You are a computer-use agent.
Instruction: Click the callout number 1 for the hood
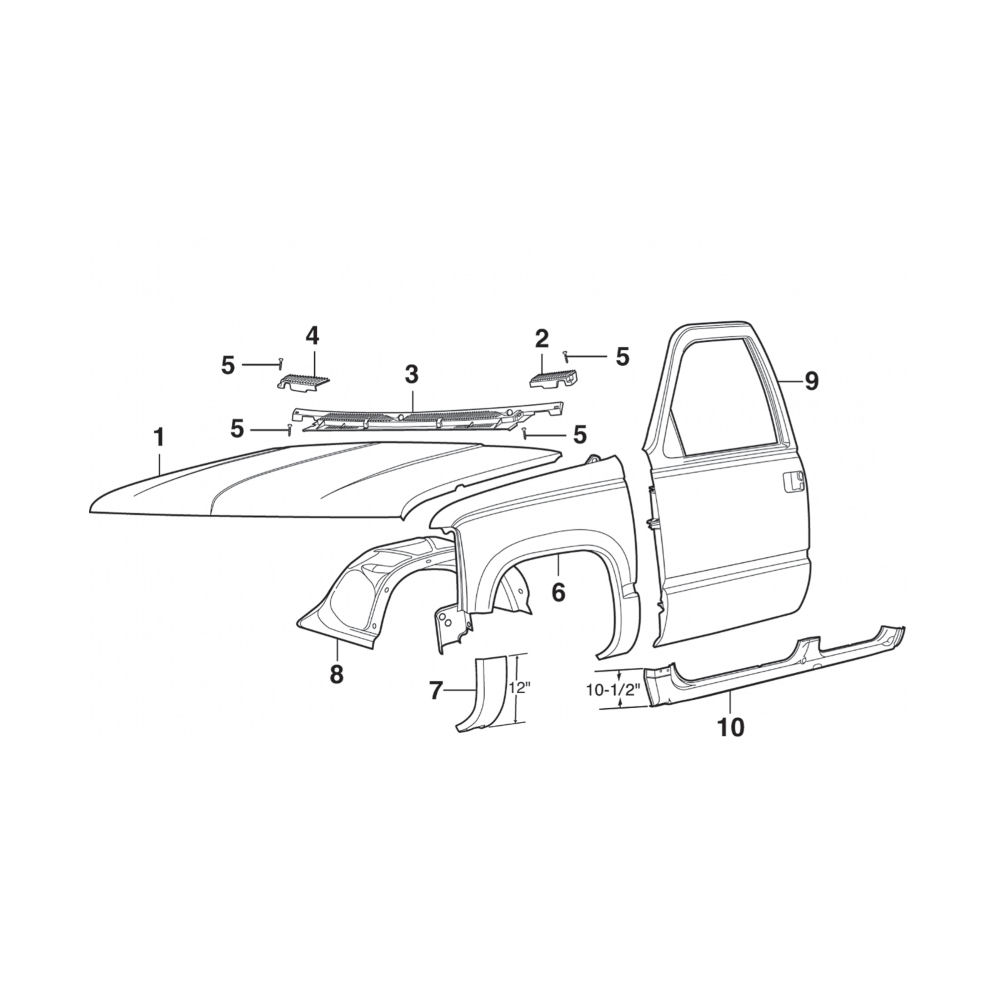click(159, 438)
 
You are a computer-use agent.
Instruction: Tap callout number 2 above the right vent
click(541, 339)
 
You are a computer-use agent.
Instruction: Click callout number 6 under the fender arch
click(558, 593)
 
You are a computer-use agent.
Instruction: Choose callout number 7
click(436, 690)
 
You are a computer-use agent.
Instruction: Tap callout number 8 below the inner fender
click(337, 673)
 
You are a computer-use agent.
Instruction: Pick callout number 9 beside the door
click(811, 381)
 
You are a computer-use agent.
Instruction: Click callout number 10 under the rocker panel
click(732, 727)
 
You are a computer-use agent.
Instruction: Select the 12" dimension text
click(520, 689)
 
